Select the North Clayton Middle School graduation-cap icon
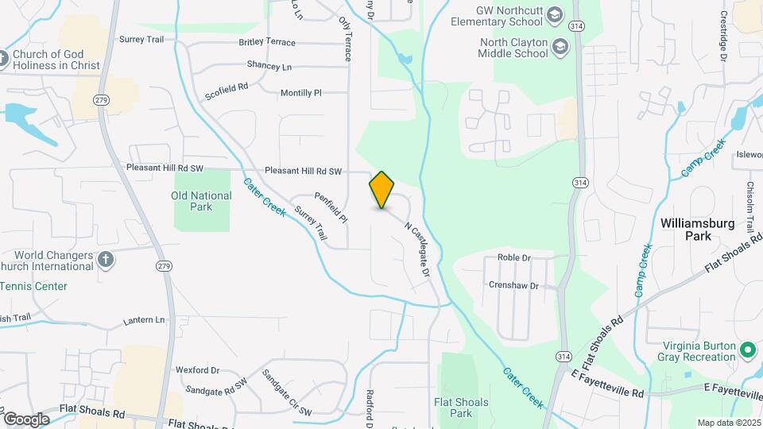tap(560, 47)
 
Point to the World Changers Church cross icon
tap(106, 259)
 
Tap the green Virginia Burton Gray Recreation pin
tap(747, 350)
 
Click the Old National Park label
tap(202, 201)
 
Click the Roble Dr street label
tap(513, 257)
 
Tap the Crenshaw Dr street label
tap(513, 285)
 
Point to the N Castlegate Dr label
tap(417, 249)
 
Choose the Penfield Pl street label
tap(331, 207)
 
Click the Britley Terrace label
tap(267, 42)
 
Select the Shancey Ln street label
tap(269, 66)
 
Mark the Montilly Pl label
tap(300, 93)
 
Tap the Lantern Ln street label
tap(144, 320)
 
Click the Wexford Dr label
tap(197, 370)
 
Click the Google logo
tap(25, 419)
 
